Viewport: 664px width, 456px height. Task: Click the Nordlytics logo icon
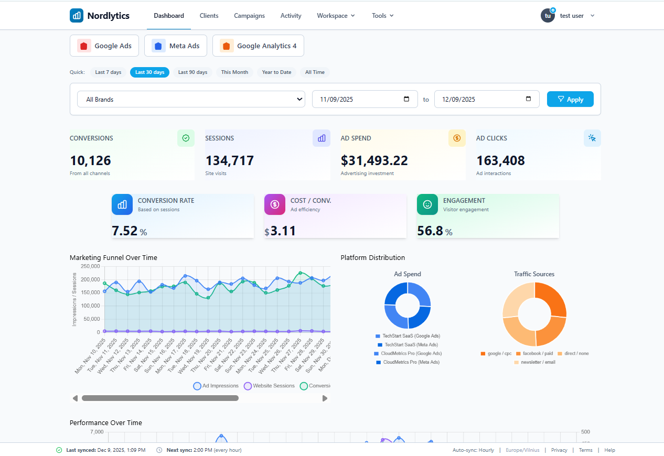click(77, 16)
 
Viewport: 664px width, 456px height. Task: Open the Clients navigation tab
click(209, 16)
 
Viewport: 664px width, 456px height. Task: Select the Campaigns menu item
click(249, 16)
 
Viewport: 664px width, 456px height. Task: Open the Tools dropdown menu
click(382, 16)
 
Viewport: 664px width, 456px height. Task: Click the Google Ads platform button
click(104, 46)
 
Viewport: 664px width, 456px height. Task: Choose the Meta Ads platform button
click(176, 46)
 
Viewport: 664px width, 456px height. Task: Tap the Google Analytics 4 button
click(258, 46)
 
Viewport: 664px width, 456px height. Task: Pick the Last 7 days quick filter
click(108, 72)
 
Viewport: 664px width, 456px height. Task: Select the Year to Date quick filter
click(276, 72)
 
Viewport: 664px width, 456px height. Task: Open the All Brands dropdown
click(191, 99)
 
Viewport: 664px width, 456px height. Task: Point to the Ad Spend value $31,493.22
click(374, 160)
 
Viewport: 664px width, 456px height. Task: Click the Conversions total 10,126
click(90, 160)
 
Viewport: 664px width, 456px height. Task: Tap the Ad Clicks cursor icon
click(592, 138)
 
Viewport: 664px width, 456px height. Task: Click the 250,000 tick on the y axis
click(90, 266)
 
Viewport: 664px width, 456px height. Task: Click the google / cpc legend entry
click(496, 353)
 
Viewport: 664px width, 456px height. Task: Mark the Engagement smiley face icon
click(427, 204)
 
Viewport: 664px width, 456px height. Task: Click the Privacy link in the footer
click(559, 450)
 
